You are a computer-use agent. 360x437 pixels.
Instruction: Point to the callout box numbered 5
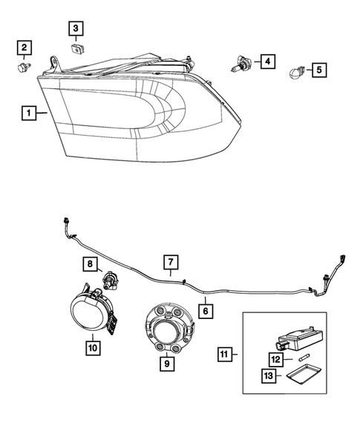(318, 70)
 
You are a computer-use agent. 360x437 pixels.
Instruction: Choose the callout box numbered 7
(170, 262)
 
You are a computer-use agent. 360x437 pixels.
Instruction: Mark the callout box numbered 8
(88, 263)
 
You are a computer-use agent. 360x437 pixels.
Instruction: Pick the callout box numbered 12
(275, 359)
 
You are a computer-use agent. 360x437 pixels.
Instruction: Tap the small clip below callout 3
(76, 49)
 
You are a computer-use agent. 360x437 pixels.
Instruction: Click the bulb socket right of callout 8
(111, 280)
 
